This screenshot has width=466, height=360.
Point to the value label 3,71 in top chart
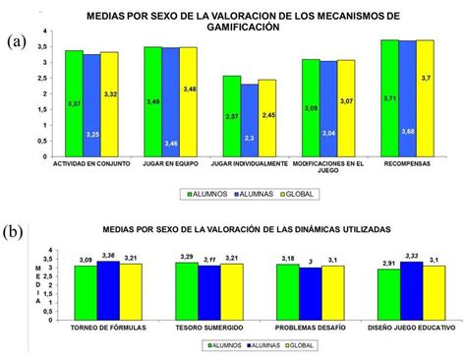pyautogui.click(x=389, y=99)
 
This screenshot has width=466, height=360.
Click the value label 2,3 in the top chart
pyautogui.click(x=249, y=138)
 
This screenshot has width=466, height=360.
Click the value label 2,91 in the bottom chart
pyautogui.click(x=389, y=261)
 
